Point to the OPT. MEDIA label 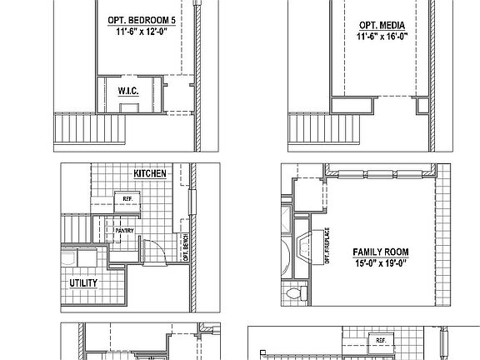click(382, 26)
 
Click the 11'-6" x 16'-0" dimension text click(382, 37)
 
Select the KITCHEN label click(150, 173)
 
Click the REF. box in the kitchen click(127, 199)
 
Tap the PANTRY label click(127, 230)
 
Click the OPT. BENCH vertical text click(185, 247)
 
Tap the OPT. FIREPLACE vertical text click(327, 247)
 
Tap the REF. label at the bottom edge click(381, 341)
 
